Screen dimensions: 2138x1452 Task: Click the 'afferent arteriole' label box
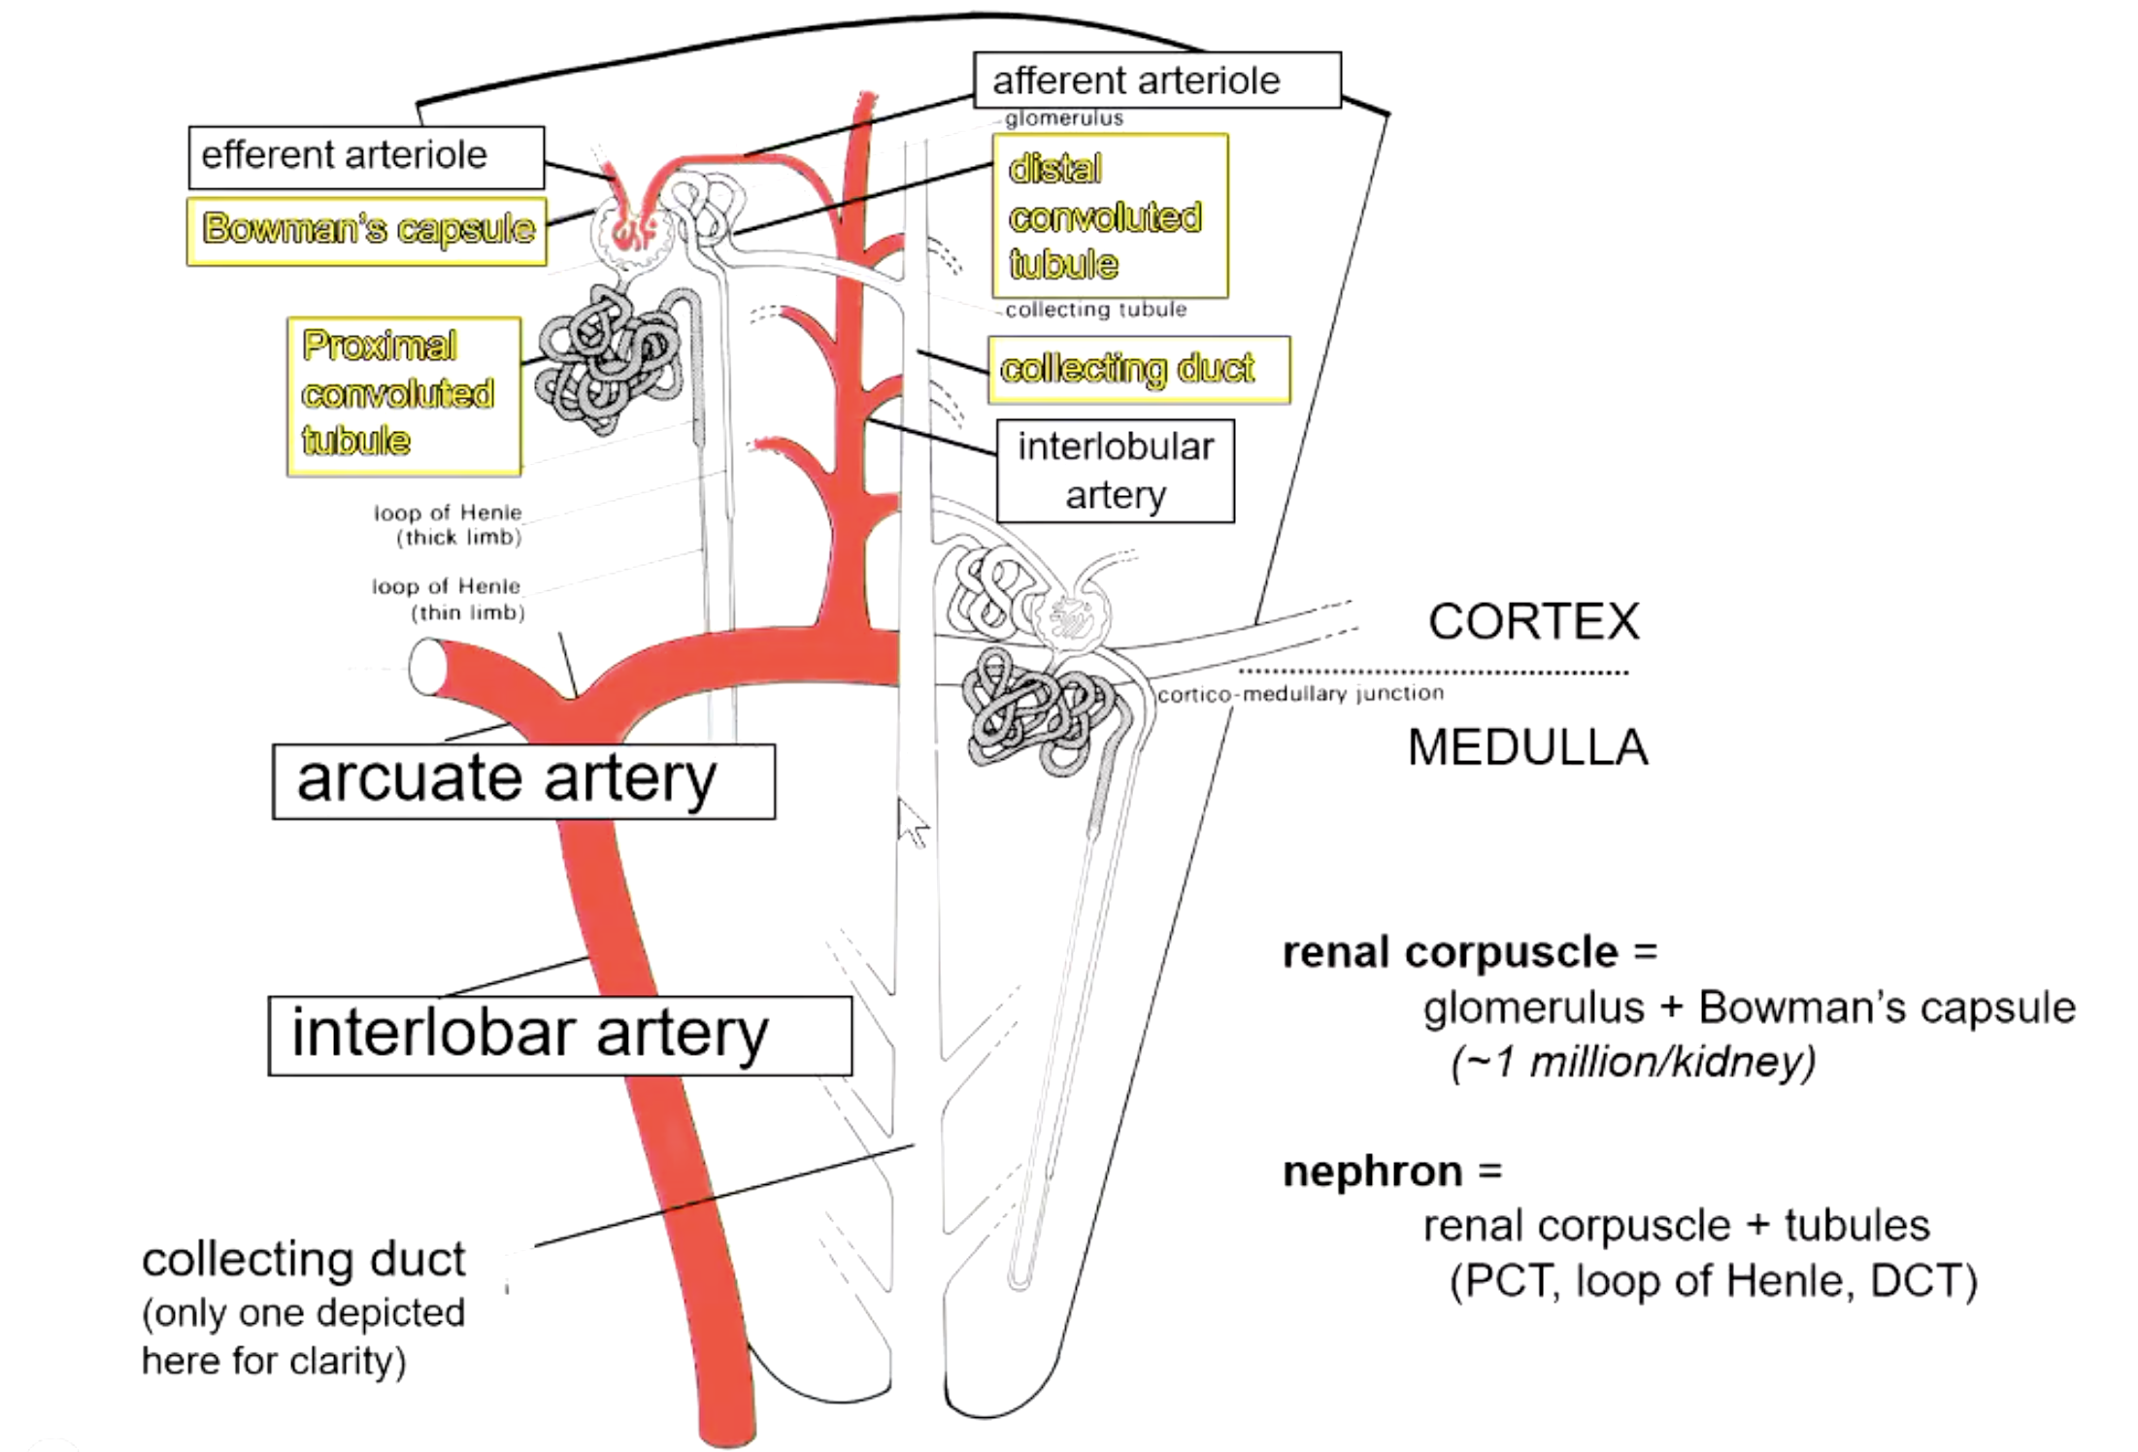[x=1157, y=81]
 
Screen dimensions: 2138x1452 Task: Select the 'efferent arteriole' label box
[x=366, y=157]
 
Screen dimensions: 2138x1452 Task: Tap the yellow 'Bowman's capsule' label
[x=367, y=231]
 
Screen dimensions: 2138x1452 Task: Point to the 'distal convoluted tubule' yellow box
[x=1110, y=215]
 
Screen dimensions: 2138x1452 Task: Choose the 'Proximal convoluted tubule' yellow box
[x=404, y=396]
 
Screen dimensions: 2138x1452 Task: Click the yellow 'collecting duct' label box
[x=1139, y=370]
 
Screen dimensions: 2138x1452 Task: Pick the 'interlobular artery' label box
[x=1116, y=472]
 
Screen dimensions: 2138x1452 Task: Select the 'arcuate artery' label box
[x=523, y=781]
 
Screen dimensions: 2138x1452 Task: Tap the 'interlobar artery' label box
[x=560, y=1036]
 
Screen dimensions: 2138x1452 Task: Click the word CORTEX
[x=1533, y=621]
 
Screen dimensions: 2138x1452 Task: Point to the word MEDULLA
[x=1527, y=747]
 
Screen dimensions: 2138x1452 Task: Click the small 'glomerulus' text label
[x=1064, y=118]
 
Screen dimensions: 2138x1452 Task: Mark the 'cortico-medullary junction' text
[x=1300, y=693]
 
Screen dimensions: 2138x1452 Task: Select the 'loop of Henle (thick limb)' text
[x=448, y=524]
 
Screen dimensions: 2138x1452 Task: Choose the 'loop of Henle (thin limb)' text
[x=448, y=599]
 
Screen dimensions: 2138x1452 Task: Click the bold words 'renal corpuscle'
[x=1450, y=953]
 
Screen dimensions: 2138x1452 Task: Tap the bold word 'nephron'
[x=1372, y=1172]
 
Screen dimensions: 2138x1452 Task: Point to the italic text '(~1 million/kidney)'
[x=1633, y=1062]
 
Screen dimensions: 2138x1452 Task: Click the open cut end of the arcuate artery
[x=428, y=667]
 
